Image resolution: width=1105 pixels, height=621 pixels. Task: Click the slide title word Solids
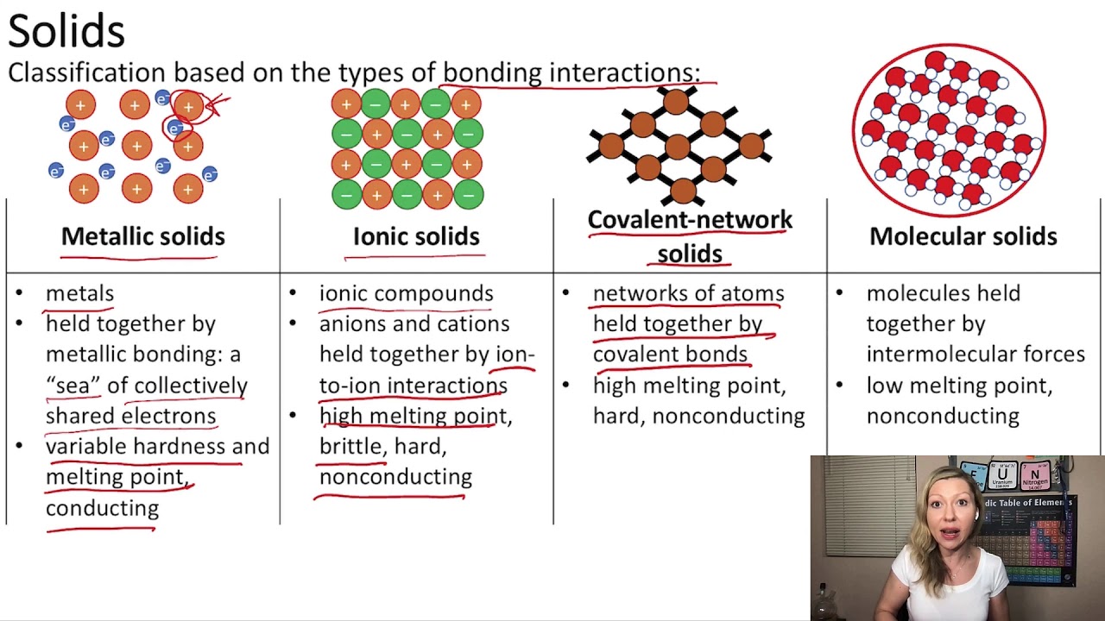(x=66, y=31)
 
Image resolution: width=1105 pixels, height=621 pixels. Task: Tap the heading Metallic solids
(x=142, y=236)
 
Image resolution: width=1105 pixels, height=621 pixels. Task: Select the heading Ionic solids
(x=416, y=236)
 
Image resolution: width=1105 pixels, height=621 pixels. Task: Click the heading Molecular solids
(x=963, y=236)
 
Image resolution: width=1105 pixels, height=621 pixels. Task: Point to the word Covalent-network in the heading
(x=690, y=220)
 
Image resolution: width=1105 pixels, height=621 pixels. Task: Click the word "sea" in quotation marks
(x=73, y=386)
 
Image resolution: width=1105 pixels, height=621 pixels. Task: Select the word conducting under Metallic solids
(x=102, y=508)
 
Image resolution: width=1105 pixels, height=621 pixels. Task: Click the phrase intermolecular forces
(x=976, y=354)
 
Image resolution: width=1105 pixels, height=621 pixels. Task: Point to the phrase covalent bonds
(x=670, y=354)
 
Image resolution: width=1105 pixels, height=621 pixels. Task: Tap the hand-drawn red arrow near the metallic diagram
(x=217, y=104)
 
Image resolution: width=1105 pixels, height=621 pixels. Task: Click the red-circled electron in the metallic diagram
(x=174, y=129)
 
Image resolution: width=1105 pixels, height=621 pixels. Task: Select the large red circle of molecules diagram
(x=949, y=129)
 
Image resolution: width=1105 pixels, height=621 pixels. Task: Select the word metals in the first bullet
(x=79, y=293)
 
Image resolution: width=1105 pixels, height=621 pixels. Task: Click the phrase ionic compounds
(x=406, y=293)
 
